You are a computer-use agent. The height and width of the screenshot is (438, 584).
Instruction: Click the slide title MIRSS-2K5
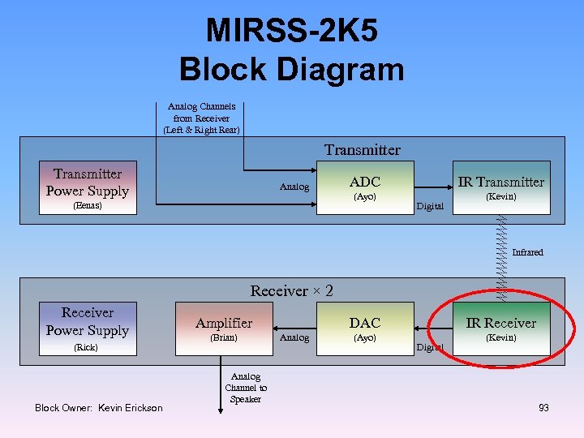click(291, 31)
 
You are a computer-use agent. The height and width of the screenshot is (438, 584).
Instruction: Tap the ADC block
click(364, 187)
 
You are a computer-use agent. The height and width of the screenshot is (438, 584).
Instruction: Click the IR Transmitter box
click(500, 187)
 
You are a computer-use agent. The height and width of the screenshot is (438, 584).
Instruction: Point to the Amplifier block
click(224, 328)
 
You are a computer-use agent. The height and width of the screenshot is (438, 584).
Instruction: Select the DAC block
click(364, 328)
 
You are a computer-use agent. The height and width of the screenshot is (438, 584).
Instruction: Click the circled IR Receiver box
click(500, 328)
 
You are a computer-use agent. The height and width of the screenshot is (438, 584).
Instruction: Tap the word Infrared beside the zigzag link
click(527, 252)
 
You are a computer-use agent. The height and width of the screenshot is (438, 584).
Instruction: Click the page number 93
click(543, 407)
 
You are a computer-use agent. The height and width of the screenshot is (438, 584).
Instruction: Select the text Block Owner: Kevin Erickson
click(98, 407)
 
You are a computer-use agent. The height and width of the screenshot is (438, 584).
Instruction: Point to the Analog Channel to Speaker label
click(246, 388)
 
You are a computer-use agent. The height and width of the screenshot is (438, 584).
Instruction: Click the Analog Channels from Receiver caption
click(201, 118)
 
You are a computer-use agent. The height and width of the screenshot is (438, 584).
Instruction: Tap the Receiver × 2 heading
click(291, 290)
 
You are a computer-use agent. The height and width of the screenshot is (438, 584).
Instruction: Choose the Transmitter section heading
click(362, 150)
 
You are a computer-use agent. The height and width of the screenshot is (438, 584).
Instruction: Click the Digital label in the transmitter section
click(430, 206)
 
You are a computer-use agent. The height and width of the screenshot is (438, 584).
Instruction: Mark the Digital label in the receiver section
click(430, 347)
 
